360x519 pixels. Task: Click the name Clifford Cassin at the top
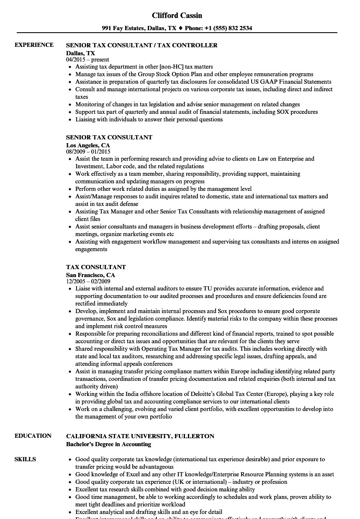(x=177, y=15)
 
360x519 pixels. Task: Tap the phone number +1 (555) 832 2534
(x=228, y=28)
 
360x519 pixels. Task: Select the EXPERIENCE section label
(x=34, y=45)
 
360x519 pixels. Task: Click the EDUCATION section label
(x=33, y=436)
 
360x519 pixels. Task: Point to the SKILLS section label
(x=25, y=459)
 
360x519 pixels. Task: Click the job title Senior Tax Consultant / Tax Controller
(x=142, y=45)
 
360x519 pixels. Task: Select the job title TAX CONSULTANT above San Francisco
(x=96, y=267)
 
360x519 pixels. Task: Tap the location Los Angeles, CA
(x=88, y=145)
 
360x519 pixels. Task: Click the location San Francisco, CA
(x=90, y=275)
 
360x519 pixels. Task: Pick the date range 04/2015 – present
(x=87, y=60)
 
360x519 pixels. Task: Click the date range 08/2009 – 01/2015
(x=88, y=152)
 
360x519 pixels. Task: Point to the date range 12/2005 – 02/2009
(x=88, y=282)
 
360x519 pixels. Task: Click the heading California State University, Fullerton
(x=140, y=436)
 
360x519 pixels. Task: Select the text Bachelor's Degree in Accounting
(x=108, y=444)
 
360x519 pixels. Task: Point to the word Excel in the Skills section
(x=126, y=475)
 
